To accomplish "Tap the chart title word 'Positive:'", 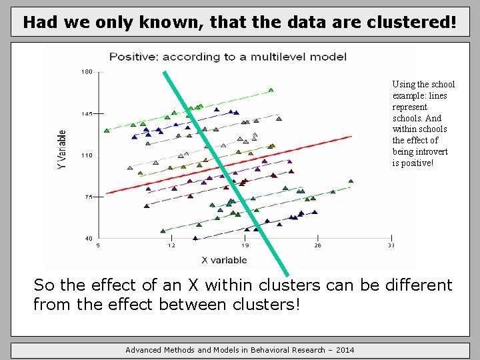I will click(133, 57).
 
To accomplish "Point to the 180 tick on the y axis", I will click(87, 72).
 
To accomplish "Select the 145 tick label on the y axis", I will click(87, 114).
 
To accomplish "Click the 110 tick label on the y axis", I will click(87, 155).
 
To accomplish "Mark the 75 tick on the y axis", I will click(88, 197).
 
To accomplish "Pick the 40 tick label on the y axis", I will click(88, 238).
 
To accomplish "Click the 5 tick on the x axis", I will click(99, 245).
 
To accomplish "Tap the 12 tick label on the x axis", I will click(171, 245).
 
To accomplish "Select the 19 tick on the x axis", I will click(245, 245).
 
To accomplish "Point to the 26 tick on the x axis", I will click(317, 245).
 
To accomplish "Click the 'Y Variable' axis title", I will click(62, 148).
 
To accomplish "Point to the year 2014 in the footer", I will click(344, 350).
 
